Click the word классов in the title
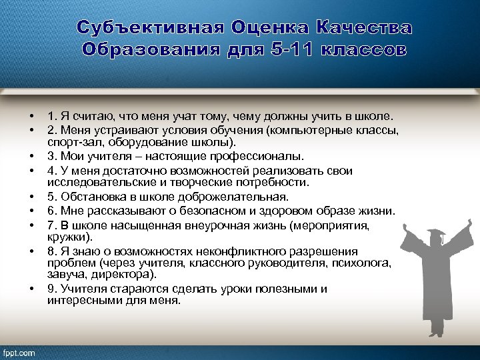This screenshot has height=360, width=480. [364, 50]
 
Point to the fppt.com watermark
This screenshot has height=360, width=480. [20, 352]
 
